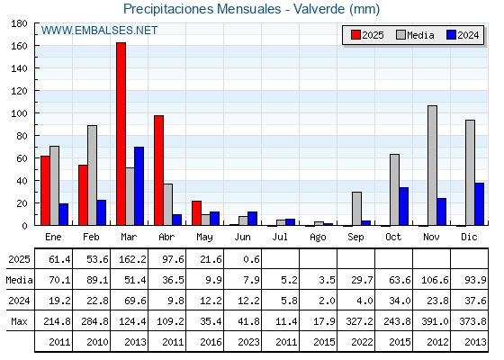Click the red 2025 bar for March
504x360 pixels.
[121, 134]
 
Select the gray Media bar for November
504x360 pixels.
[432, 166]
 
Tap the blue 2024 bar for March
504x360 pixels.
[139, 186]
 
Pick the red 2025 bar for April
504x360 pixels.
[158, 170]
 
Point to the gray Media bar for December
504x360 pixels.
[470, 173]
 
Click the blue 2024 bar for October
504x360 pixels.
[403, 206]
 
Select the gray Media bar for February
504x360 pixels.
[92, 175]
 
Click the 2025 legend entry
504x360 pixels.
[367, 35]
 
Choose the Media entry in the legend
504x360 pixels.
[415, 35]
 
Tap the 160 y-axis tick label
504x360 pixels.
[19, 46]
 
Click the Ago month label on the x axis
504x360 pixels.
[318, 238]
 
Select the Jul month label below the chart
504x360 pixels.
[280, 237]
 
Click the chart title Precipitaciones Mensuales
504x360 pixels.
[202, 9]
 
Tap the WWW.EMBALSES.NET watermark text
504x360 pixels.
[99, 31]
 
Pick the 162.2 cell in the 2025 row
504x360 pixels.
[132, 259]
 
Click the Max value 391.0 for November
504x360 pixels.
[435, 321]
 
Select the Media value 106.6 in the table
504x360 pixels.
[435, 280]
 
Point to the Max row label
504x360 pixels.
[19, 321]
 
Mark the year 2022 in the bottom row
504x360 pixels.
[362, 342]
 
